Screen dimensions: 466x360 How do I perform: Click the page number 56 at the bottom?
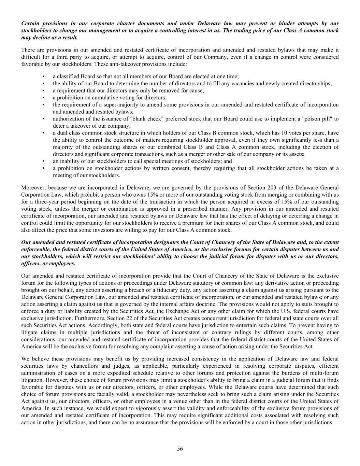(x=180, y=449)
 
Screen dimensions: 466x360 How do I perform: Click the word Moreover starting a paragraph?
(x=33, y=187)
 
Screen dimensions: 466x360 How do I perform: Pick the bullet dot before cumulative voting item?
(x=43, y=98)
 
